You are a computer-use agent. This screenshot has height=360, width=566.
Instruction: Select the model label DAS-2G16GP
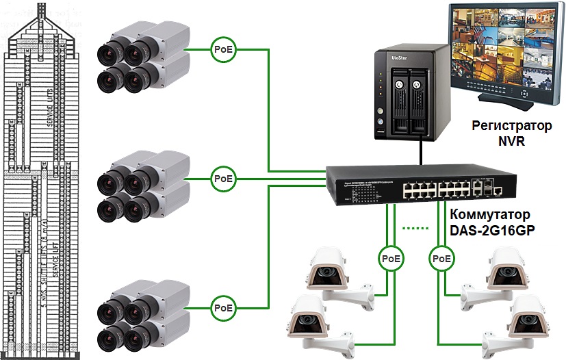(x=491, y=231)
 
